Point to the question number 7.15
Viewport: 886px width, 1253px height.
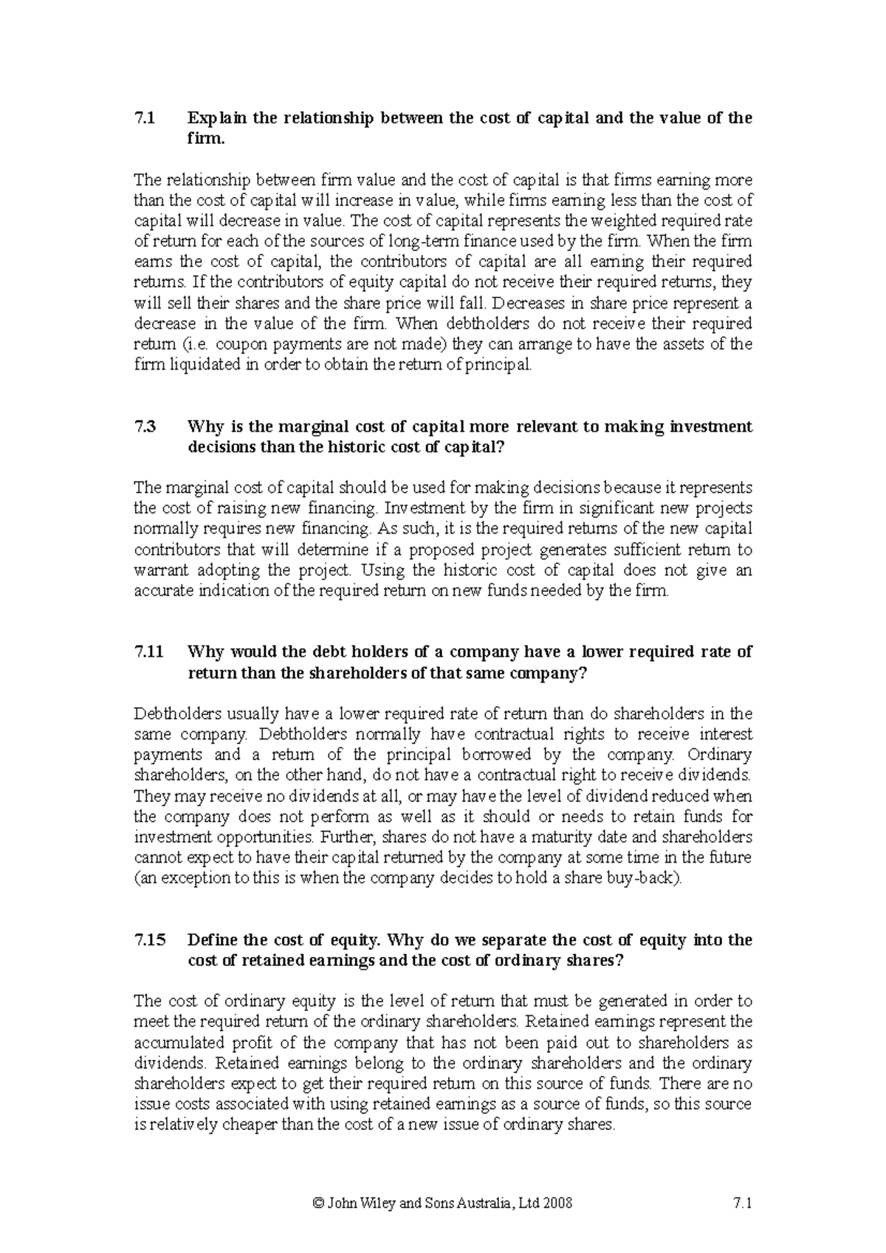150,940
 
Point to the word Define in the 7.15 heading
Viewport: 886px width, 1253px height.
213,940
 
